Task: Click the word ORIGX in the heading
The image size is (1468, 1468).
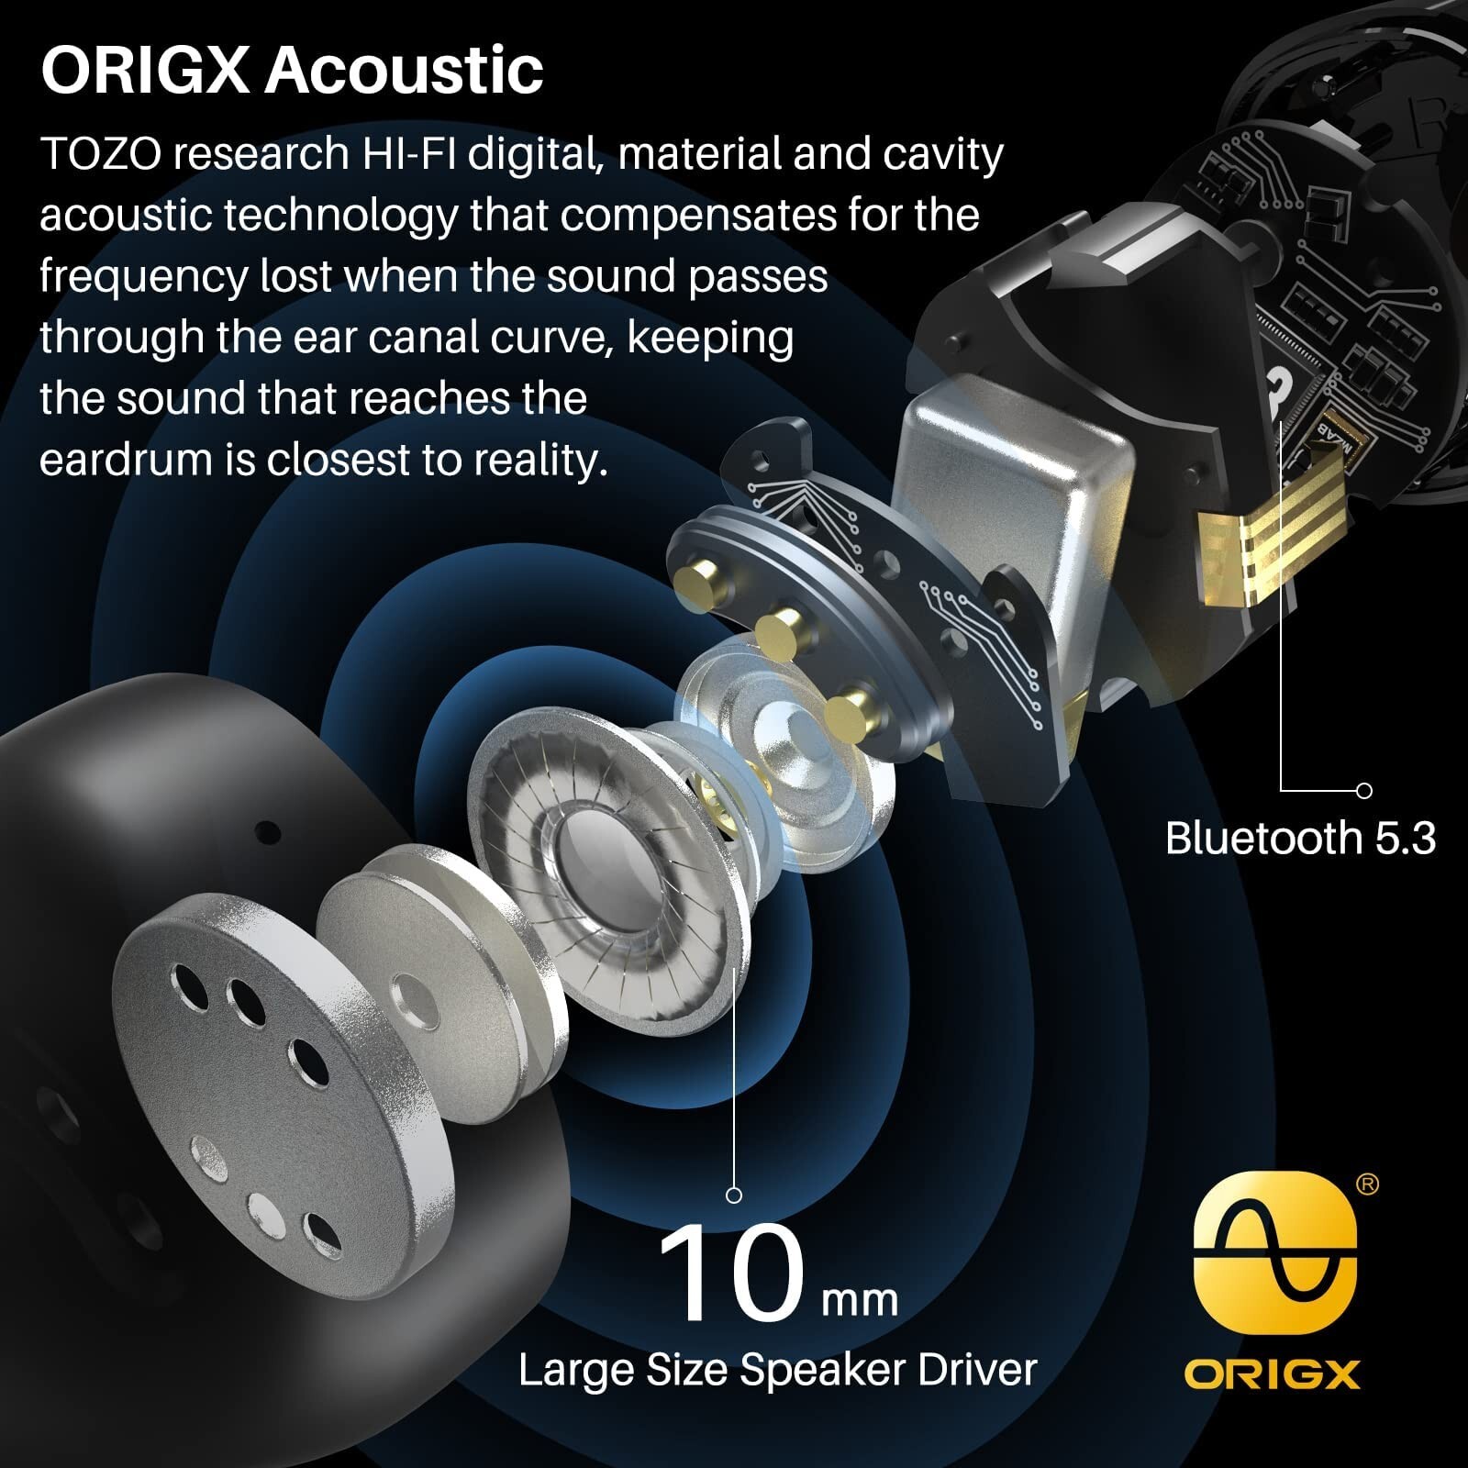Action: [x=145, y=70]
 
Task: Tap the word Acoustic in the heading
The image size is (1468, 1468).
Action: [x=405, y=70]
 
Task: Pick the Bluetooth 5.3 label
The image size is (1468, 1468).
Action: [x=1300, y=838]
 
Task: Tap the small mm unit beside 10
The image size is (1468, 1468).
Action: [x=860, y=1300]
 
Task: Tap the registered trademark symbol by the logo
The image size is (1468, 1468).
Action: [x=1367, y=1185]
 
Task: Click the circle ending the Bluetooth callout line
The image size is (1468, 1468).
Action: [x=1363, y=790]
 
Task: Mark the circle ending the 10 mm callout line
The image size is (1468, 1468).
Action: [x=734, y=1195]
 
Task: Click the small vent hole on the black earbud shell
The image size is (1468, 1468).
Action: [x=267, y=833]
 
